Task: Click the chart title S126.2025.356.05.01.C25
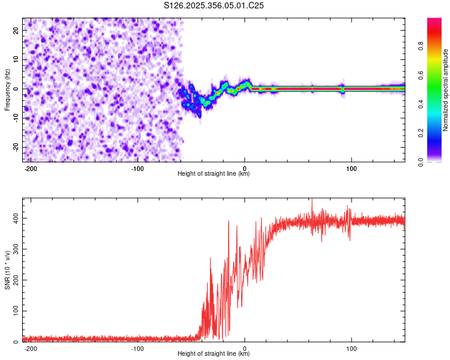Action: tap(214, 5)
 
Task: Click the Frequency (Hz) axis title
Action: tap(7, 89)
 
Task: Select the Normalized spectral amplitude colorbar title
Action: tap(445, 90)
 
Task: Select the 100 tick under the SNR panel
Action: tap(352, 348)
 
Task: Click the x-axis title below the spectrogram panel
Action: tap(214, 174)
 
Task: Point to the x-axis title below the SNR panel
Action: tap(214, 354)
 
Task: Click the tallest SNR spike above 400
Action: tap(312, 200)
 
